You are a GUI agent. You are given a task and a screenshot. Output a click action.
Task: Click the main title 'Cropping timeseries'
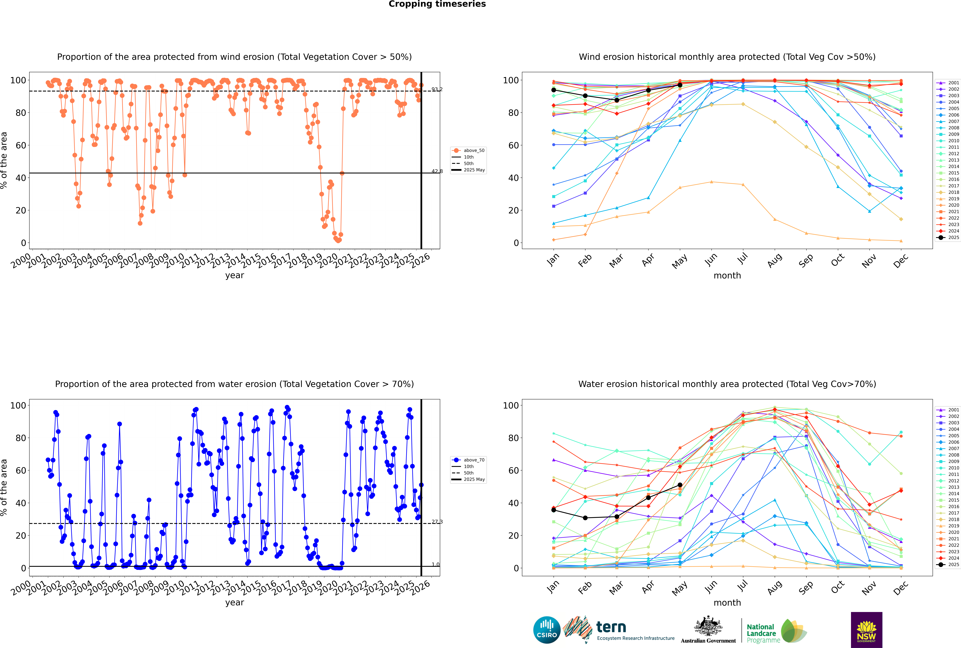point(437,4)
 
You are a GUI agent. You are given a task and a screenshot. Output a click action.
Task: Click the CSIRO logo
point(547,630)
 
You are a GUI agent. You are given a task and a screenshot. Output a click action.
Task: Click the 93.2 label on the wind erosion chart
point(437,89)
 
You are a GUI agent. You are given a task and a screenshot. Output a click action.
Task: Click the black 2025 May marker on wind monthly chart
point(680,85)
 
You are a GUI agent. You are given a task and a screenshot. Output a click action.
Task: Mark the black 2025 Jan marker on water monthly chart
point(554,510)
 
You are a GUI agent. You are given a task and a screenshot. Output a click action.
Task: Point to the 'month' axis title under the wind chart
point(727,276)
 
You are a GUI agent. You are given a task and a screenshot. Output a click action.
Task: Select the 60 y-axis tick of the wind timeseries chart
point(21,145)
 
